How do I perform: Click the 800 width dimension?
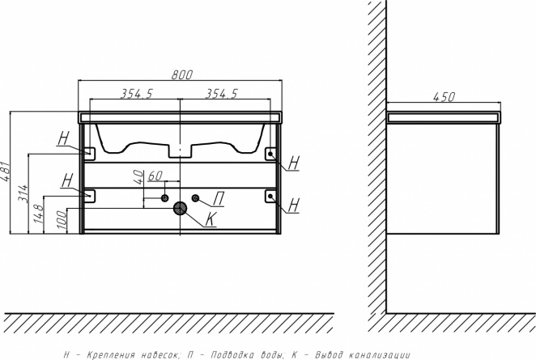182,74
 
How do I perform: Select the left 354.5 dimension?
136,94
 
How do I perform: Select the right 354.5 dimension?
221,94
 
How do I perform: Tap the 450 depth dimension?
444,97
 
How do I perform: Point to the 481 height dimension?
6,172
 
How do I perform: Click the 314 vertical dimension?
23,193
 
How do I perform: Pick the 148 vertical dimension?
39,214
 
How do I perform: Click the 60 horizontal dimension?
155,176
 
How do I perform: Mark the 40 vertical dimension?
138,177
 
